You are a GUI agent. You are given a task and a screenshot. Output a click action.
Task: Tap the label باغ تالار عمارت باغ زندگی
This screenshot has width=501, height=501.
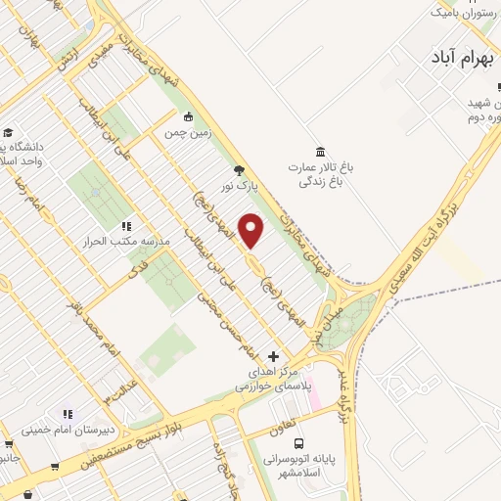point(319,174)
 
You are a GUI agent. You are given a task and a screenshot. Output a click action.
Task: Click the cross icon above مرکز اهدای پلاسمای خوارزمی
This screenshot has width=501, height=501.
point(273,355)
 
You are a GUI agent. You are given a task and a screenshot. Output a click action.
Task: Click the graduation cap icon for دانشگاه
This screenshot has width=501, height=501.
point(9,132)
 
